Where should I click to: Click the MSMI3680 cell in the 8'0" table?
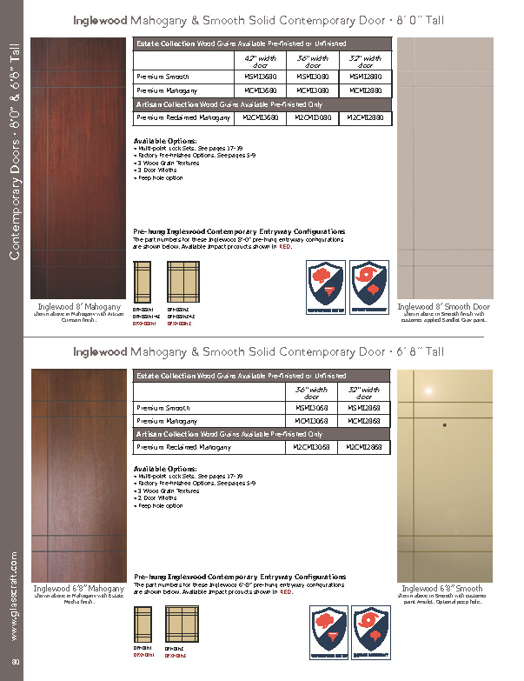(x=260, y=77)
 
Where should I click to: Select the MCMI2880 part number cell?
(x=365, y=90)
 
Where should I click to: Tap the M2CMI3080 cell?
(x=312, y=117)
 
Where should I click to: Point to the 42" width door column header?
(x=260, y=61)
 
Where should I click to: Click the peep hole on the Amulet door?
(x=445, y=425)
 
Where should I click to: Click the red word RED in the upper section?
(x=285, y=248)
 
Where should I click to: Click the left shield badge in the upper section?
(x=328, y=287)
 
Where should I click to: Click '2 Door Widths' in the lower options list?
(x=157, y=497)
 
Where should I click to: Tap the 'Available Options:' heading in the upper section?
(x=165, y=141)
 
